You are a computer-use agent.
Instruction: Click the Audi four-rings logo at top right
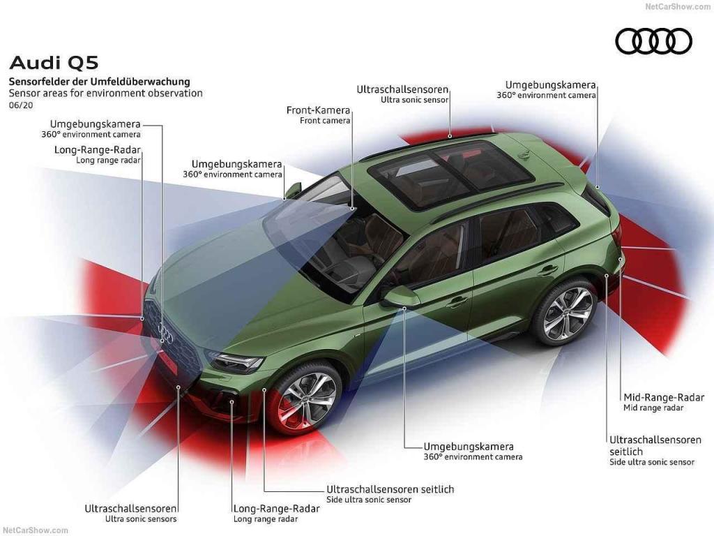click(x=653, y=41)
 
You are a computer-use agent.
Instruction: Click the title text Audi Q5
click(x=54, y=63)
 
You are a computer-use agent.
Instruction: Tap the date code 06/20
click(x=20, y=105)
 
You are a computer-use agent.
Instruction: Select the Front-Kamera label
click(x=318, y=110)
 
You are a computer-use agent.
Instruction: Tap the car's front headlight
click(x=235, y=362)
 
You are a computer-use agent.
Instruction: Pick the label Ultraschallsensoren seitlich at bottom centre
click(x=390, y=489)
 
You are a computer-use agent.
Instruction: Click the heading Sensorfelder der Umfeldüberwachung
click(x=99, y=82)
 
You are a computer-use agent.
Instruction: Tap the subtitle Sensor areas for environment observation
click(x=105, y=93)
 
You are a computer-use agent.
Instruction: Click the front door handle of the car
click(x=457, y=302)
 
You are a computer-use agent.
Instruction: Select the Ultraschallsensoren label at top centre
click(x=402, y=90)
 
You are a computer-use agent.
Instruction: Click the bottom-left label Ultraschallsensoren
click(x=130, y=509)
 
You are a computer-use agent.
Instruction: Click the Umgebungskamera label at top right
click(x=550, y=84)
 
